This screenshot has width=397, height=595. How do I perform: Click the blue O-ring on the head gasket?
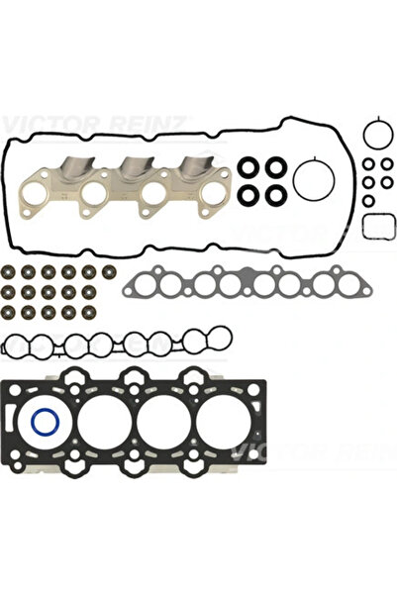(45, 422)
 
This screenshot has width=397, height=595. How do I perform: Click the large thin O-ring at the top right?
(373, 133)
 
